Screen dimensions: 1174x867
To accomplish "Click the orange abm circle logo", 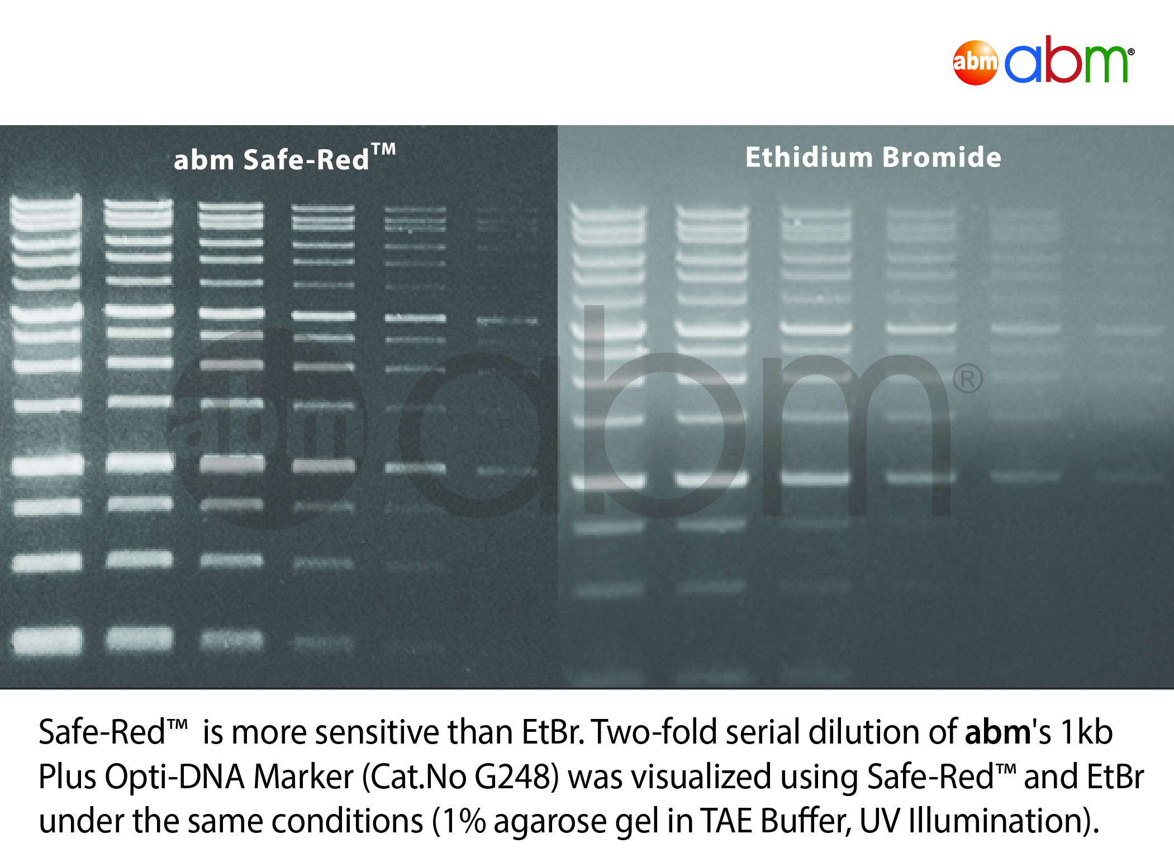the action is pos(975,63).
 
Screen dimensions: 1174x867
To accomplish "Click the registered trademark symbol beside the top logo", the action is pos(1131,52).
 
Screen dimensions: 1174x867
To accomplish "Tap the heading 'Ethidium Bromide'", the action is pos(873,157).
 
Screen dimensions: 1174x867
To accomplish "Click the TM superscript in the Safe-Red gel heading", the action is pos(384,149).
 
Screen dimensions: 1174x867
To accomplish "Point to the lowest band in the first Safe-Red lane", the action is pos(47,640).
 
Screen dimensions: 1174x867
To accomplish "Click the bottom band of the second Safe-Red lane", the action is pos(139,639).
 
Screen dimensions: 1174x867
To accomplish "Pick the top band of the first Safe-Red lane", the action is pos(46,201).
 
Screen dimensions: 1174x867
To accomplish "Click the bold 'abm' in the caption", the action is pos(997,732).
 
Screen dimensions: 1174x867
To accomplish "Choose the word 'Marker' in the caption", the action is pos(303,777).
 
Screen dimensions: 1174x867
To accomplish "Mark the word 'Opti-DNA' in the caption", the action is pos(175,778).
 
